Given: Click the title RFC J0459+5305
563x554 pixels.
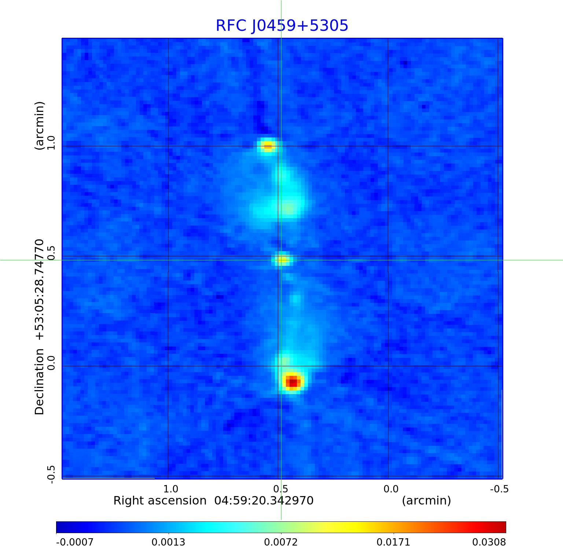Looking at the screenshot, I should click(282, 26).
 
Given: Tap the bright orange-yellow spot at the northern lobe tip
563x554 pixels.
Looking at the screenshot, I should click(268, 146).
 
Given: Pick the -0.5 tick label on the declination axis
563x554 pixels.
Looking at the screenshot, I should click(51, 474).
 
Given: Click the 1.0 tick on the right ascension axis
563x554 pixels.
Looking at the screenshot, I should click(170, 489).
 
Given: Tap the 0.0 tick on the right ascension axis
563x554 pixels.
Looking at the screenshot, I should click(391, 489).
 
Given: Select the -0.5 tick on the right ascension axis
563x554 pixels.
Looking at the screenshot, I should click(499, 489).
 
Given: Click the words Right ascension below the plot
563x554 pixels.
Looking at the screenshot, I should click(160, 500).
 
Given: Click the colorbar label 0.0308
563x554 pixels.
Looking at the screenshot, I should click(489, 542).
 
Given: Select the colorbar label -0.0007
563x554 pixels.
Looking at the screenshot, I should click(75, 542).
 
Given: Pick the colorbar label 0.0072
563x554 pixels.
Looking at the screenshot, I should click(281, 542).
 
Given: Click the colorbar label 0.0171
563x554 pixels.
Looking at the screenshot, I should click(394, 542).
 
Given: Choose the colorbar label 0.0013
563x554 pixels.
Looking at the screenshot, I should click(169, 542).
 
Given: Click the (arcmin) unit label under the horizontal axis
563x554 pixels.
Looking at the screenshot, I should click(426, 500).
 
